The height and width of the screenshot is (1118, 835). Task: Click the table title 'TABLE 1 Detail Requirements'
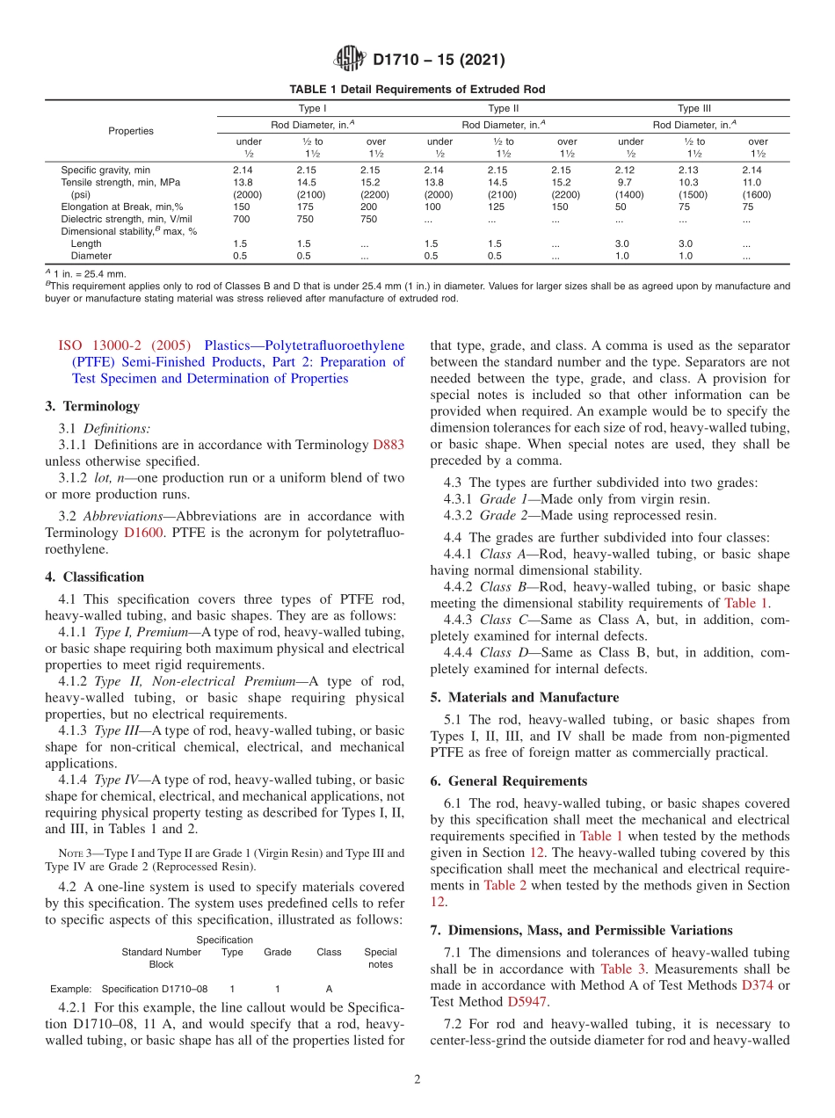pos(417,90)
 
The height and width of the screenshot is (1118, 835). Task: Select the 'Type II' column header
pos(503,109)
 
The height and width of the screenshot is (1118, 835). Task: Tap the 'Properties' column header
pos(131,131)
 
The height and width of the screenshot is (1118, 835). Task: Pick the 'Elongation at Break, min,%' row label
pos(121,207)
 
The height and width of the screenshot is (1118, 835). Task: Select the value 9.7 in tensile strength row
pos(625,182)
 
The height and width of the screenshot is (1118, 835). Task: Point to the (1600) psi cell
pos(756,194)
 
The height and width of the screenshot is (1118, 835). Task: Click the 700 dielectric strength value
pos(242,219)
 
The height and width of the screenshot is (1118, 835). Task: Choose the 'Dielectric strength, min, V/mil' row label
pos(126,219)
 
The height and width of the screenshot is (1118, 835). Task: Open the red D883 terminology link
pos(388,445)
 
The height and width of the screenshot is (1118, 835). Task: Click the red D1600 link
pos(143,533)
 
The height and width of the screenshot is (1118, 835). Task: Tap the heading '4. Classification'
pos(94,577)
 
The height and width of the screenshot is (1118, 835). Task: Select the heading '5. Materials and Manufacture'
pos(524,697)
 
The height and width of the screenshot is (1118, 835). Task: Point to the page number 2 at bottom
pos(417,1079)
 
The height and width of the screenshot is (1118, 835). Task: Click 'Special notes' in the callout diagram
pos(381,958)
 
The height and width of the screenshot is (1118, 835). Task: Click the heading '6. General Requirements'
pos(506,780)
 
